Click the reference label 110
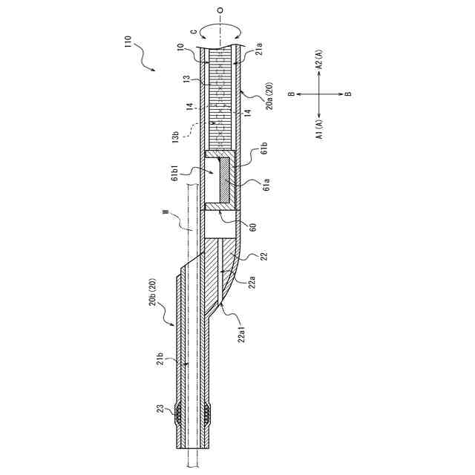128,42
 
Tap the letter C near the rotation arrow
195,30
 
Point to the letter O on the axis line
220,10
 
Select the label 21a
259,50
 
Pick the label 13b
176,136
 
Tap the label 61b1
175,171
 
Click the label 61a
266,185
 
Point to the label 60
253,227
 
